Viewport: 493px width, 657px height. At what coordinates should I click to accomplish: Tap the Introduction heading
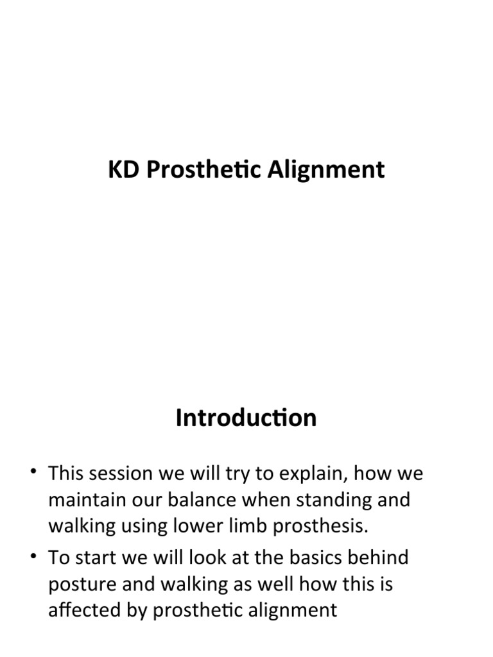tap(246, 418)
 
